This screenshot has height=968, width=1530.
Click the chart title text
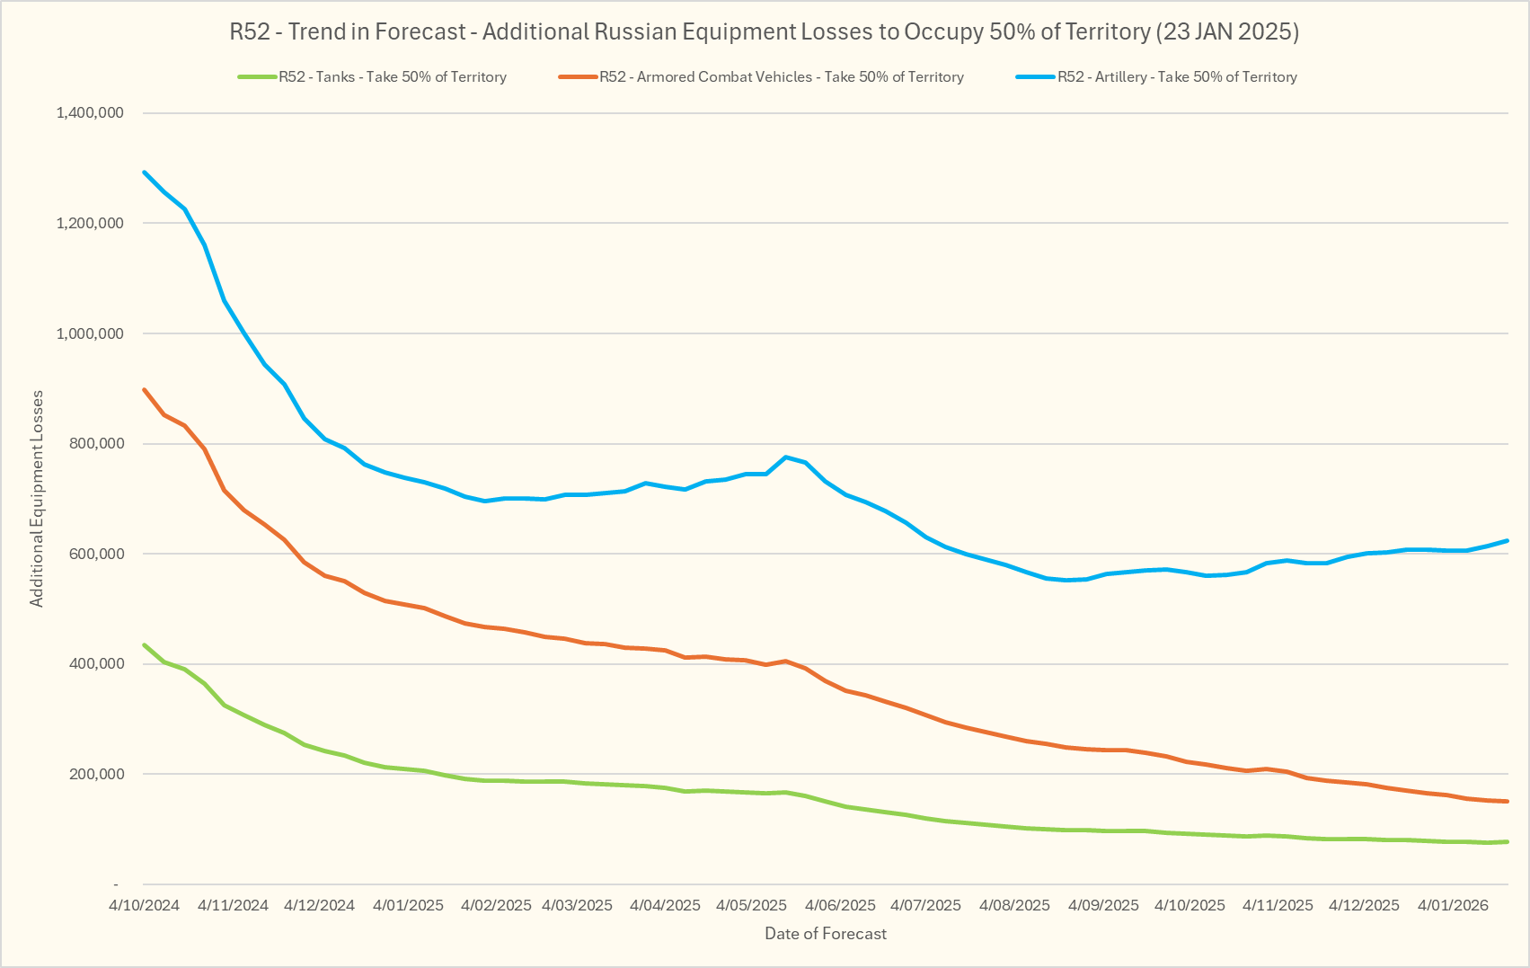(765, 32)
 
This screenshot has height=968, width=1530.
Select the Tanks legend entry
(392, 77)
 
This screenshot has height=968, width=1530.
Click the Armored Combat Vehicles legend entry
(781, 77)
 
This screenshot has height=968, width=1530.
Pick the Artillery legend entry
(1176, 77)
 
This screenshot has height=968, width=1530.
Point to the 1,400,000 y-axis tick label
(90, 113)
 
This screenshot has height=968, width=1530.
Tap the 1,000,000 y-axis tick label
(90, 333)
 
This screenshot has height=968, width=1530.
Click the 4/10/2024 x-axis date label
(144, 905)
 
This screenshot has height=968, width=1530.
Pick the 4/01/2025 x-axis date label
(408, 905)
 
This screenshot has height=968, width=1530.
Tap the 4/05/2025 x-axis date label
(751, 905)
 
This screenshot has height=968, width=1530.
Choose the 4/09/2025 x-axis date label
(1103, 905)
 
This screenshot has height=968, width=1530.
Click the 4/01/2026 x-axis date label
(1453, 905)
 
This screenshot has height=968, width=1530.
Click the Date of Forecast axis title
(825, 934)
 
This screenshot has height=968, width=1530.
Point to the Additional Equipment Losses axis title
(37, 499)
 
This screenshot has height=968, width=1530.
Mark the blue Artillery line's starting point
(145, 173)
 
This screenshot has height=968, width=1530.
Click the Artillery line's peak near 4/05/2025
(786, 457)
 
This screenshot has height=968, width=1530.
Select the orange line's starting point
(145, 390)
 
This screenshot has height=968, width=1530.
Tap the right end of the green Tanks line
(1507, 841)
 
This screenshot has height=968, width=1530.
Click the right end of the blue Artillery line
(1507, 541)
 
